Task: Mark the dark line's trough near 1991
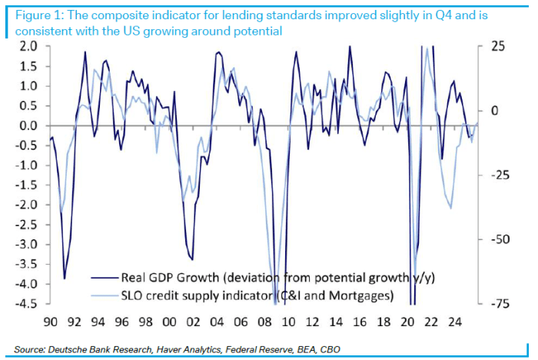65,278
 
